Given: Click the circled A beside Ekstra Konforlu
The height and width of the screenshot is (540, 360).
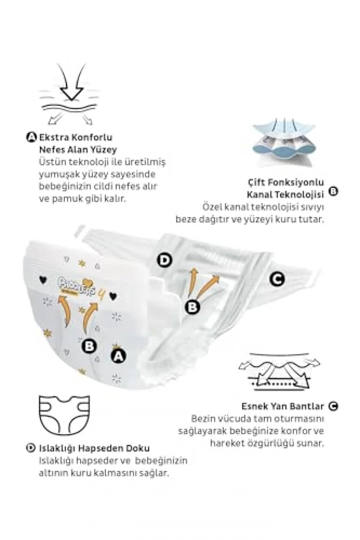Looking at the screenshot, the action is [31, 138].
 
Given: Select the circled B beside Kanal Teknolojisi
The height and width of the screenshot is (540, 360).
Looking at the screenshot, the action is [334, 191].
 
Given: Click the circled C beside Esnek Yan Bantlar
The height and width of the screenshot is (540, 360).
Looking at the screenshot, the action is [333, 406].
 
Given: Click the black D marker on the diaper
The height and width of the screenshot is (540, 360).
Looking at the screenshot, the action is [165, 260].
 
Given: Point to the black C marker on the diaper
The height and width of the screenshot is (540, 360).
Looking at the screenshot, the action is [277, 279].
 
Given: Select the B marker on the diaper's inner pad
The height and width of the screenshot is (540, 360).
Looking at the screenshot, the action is [192, 307].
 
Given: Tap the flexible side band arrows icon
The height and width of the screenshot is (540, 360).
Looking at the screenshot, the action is [279, 373].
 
